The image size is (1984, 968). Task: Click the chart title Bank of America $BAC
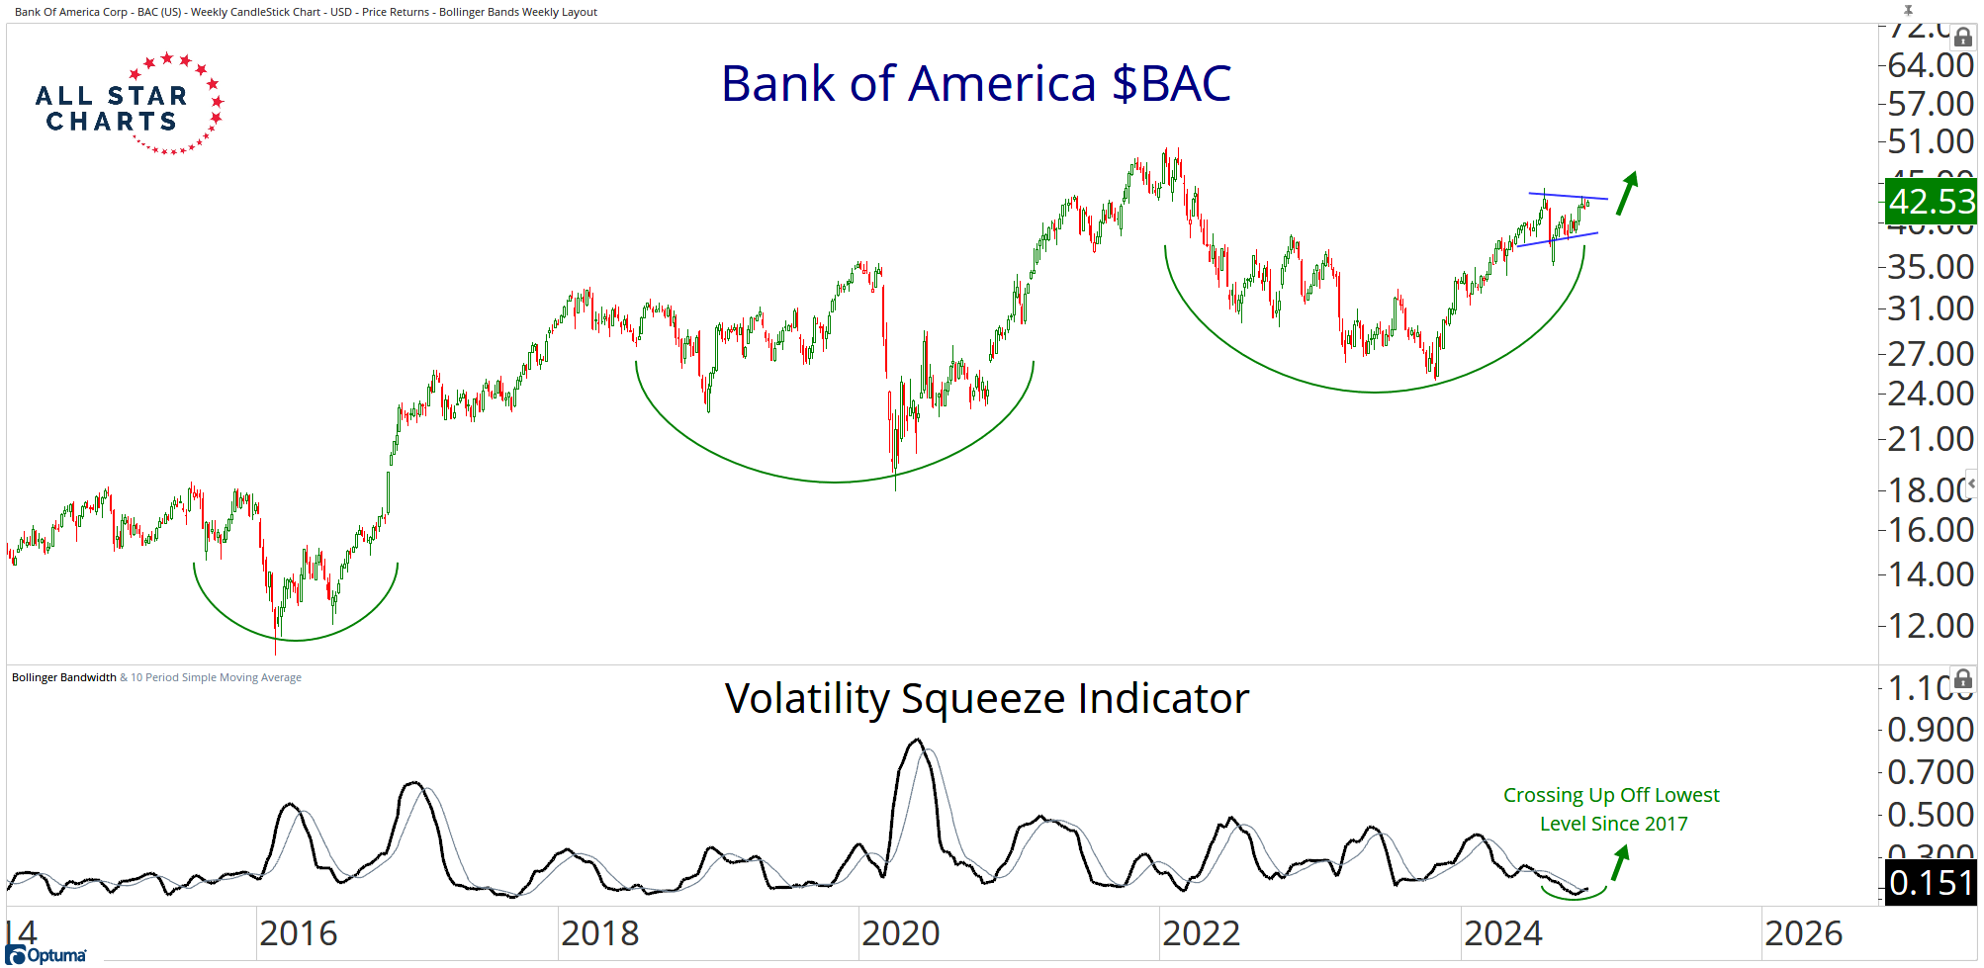pyautogui.click(x=975, y=84)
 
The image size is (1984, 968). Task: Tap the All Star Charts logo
pyautogui.click(x=128, y=105)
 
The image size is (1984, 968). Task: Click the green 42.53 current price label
pyautogui.click(x=1930, y=202)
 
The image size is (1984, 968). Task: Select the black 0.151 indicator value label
pyautogui.click(x=1930, y=883)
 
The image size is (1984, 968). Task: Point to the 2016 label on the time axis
pyautogui.click(x=298, y=933)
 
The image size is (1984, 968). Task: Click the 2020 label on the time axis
pyautogui.click(x=900, y=933)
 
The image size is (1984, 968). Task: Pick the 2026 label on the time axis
pyautogui.click(x=1803, y=933)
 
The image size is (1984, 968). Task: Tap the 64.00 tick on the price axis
pyautogui.click(x=1930, y=65)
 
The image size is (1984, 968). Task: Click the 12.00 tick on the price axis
pyautogui.click(x=1930, y=625)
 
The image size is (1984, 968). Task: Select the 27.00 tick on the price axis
pyautogui.click(x=1930, y=353)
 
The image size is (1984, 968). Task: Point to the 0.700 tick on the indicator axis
pyautogui.click(x=1930, y=771)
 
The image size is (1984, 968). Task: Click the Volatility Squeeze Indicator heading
pyautogui.click(x=986, y=699)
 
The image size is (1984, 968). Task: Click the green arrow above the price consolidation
pyautogui.click(x=1627, y=193)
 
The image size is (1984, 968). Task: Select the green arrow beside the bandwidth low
pyautogui.click(x=1619, y=863)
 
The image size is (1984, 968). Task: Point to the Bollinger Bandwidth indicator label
pyautogui.click(x=64, y=677)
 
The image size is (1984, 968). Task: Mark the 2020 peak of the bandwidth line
pyautogui.click(x=917, y=740)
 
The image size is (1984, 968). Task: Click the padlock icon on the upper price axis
pyautogui.click(x=1963, y=38)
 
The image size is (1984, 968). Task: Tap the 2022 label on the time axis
pyautogui.click(x=1201, y=933)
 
